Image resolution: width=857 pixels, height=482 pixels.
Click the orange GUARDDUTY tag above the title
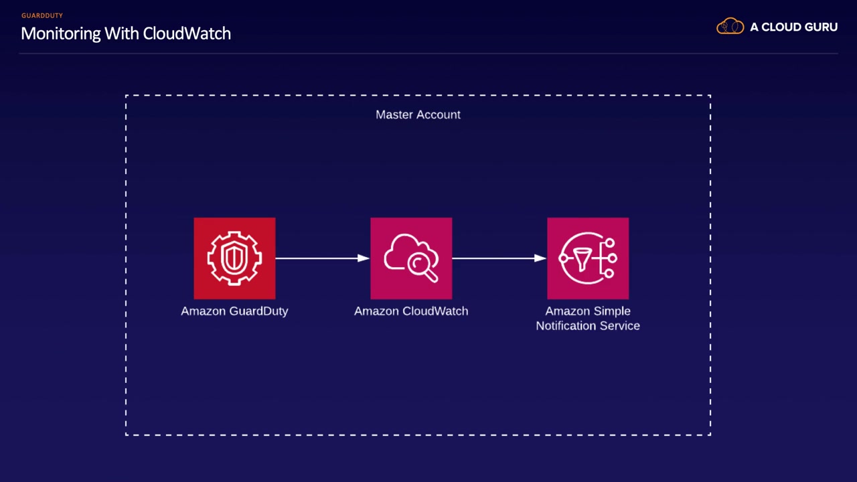pos(42,15)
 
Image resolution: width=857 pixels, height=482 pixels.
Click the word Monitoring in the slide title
pos(60,34)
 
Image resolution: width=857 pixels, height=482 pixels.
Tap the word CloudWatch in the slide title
pos(187,33)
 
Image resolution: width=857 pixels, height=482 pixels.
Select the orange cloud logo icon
pos(730,26)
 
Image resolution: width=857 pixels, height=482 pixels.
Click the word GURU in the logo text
pos(820,27)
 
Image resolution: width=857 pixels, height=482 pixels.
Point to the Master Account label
pos(418,114)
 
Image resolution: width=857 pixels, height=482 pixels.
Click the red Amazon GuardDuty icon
pos(234,258)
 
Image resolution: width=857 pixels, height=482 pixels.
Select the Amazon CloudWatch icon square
pos(411,258)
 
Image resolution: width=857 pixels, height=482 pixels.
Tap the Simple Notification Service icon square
pos(588,258)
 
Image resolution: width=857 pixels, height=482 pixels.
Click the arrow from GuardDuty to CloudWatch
pos(323,258)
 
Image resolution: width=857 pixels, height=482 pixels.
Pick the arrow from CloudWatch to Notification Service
pos(499,258)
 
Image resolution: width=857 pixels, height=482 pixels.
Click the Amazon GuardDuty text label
pos(234,311)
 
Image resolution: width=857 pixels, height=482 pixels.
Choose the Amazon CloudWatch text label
pos(411,311)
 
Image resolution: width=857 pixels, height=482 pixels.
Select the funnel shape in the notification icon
pos(582,259)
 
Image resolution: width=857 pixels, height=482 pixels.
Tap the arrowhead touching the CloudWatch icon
pos(364,258)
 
